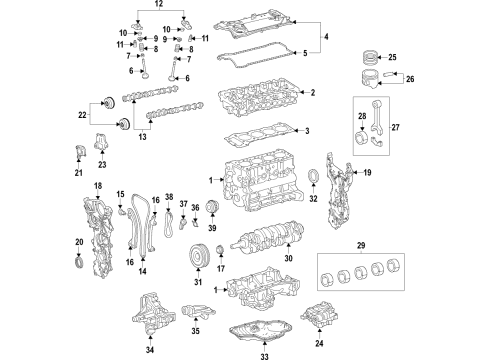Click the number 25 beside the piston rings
[421, 57]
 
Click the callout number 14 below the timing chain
[143, 272]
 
